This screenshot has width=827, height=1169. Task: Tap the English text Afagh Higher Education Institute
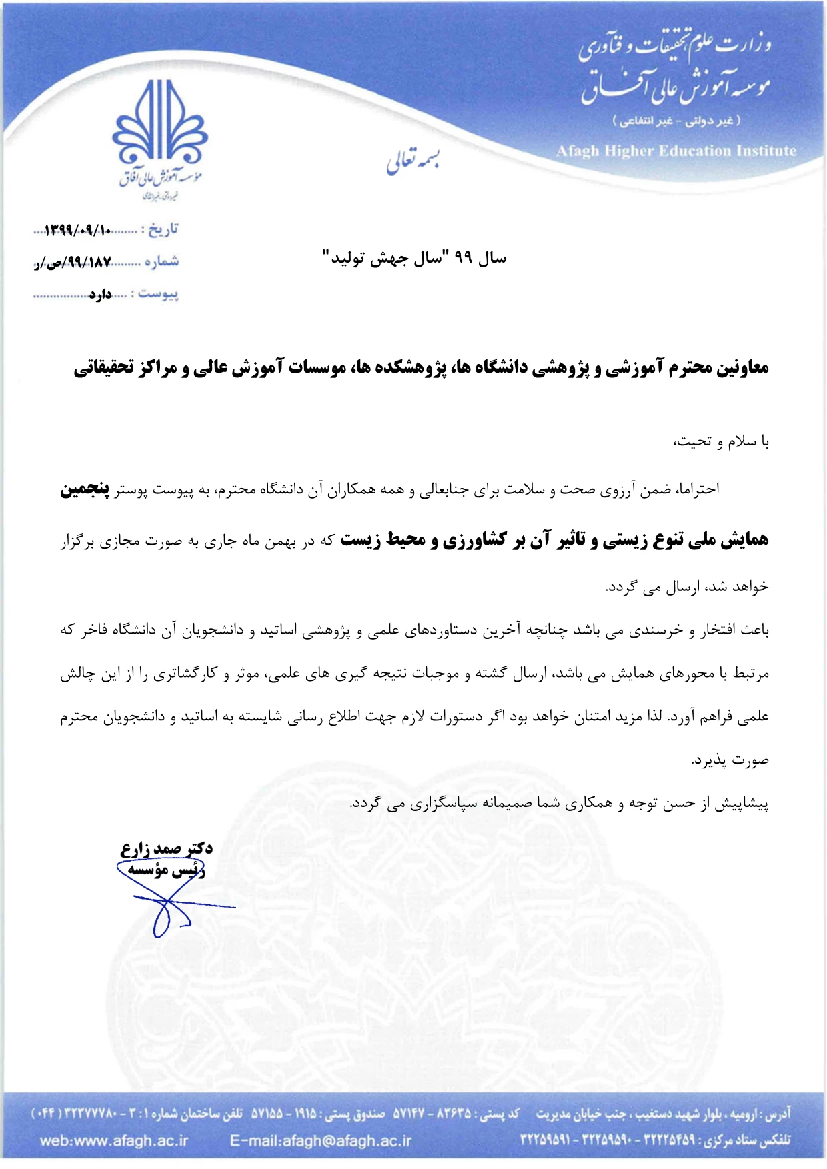pos(676,151)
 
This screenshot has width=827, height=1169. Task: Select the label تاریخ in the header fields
pos(163,230)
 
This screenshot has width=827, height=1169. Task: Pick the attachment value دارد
pos(101,294)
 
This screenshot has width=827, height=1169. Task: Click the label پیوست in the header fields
pos(159,294)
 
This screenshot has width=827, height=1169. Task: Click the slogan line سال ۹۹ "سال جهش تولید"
pos(414,258)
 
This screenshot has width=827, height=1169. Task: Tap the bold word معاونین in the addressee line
pos(743,367)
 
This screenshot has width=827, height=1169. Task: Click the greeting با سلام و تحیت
pos(721,441)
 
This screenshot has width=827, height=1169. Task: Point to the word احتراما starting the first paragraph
pos(698,490)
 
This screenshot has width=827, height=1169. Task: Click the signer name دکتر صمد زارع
pos(167,848)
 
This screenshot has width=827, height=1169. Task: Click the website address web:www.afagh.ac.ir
pos(114,1140)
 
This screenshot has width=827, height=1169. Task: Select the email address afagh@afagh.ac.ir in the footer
pos(321,1140)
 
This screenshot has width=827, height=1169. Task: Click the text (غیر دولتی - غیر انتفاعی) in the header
pos(676,121)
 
